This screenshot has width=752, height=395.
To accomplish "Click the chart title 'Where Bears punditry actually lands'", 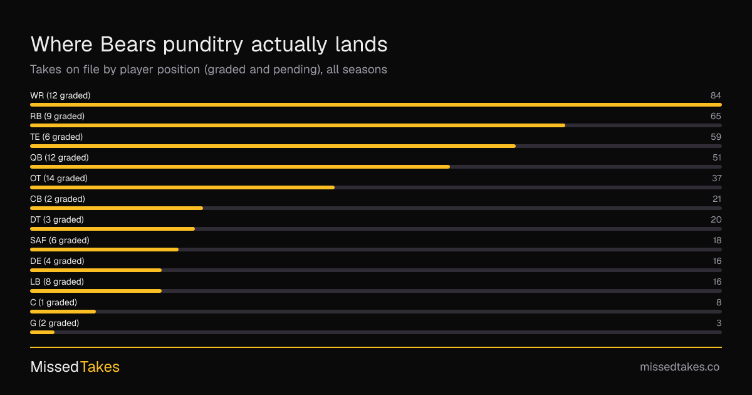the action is (209, 45).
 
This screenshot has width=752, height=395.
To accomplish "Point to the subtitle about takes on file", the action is (209, 70).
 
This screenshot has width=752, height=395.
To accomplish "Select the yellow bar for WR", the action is (376, 105).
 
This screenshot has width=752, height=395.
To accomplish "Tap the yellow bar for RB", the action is (298, 125).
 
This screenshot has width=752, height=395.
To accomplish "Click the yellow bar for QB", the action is (240, 167).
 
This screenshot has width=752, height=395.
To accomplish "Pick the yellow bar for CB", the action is (117, 208).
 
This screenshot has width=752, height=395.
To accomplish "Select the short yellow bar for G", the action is (43, 332).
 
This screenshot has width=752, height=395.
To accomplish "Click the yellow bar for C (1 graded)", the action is (63, 312).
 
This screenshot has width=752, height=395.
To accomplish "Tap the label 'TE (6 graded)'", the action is (56, 137).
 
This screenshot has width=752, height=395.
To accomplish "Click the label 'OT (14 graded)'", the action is (59, 178).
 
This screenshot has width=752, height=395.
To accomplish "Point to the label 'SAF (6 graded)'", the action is (60, 241).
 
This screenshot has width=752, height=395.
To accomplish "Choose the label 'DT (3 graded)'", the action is (57, 219).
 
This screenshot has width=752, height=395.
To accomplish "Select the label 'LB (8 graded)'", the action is (57, 282).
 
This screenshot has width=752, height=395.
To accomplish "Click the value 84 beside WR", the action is (716, 96).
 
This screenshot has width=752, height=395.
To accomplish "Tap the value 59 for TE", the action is (716, 137).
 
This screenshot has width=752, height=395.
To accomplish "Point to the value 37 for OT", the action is (717, 178).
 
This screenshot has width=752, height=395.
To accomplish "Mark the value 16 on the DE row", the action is (717, 261).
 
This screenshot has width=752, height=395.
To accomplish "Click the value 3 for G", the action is (719, 323).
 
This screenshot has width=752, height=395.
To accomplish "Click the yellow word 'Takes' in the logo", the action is (100, 367).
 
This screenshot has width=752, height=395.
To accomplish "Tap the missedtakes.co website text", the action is (679, 367).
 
